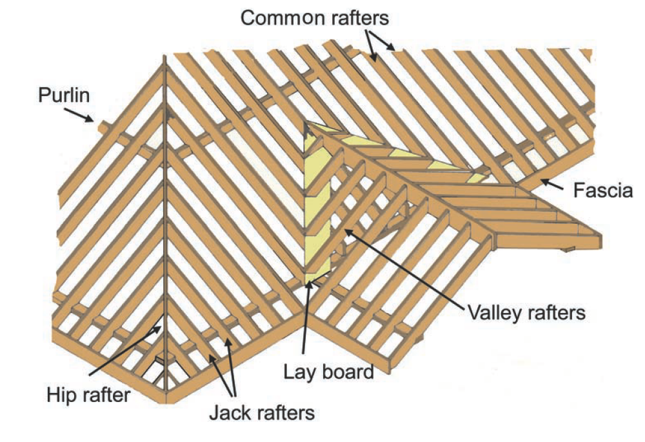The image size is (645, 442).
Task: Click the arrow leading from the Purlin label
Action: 79,114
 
